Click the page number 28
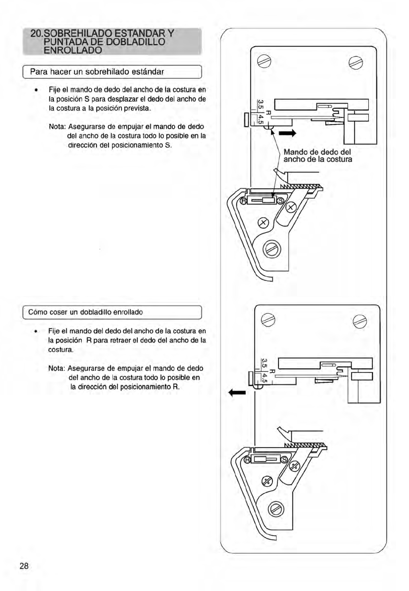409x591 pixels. pos(24,566)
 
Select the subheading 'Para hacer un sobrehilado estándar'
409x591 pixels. pos(97,72)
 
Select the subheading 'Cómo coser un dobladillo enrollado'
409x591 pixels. pos(86,312)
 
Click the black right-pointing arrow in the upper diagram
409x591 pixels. pos(288,133)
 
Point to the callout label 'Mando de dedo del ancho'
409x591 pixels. pos(317,155)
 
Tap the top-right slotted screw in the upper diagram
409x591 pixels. pos(356,62)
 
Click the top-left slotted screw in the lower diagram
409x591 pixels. pos(268,320)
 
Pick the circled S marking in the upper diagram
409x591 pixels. pos(280,201)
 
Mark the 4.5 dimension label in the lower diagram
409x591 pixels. pos(264,378)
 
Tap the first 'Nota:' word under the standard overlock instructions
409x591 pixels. pos(57,126)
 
